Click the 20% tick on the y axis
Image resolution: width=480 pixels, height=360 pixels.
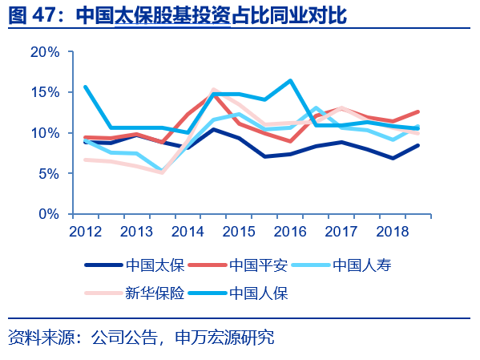click(x=45, y=52)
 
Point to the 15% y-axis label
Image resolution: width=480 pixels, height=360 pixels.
click(x=45, y=92)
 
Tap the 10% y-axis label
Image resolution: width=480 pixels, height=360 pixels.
click(x=45, y=133)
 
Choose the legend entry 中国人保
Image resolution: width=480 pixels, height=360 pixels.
click(x=258, y=293)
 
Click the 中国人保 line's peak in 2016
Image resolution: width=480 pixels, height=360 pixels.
click(x=289, y=80)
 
